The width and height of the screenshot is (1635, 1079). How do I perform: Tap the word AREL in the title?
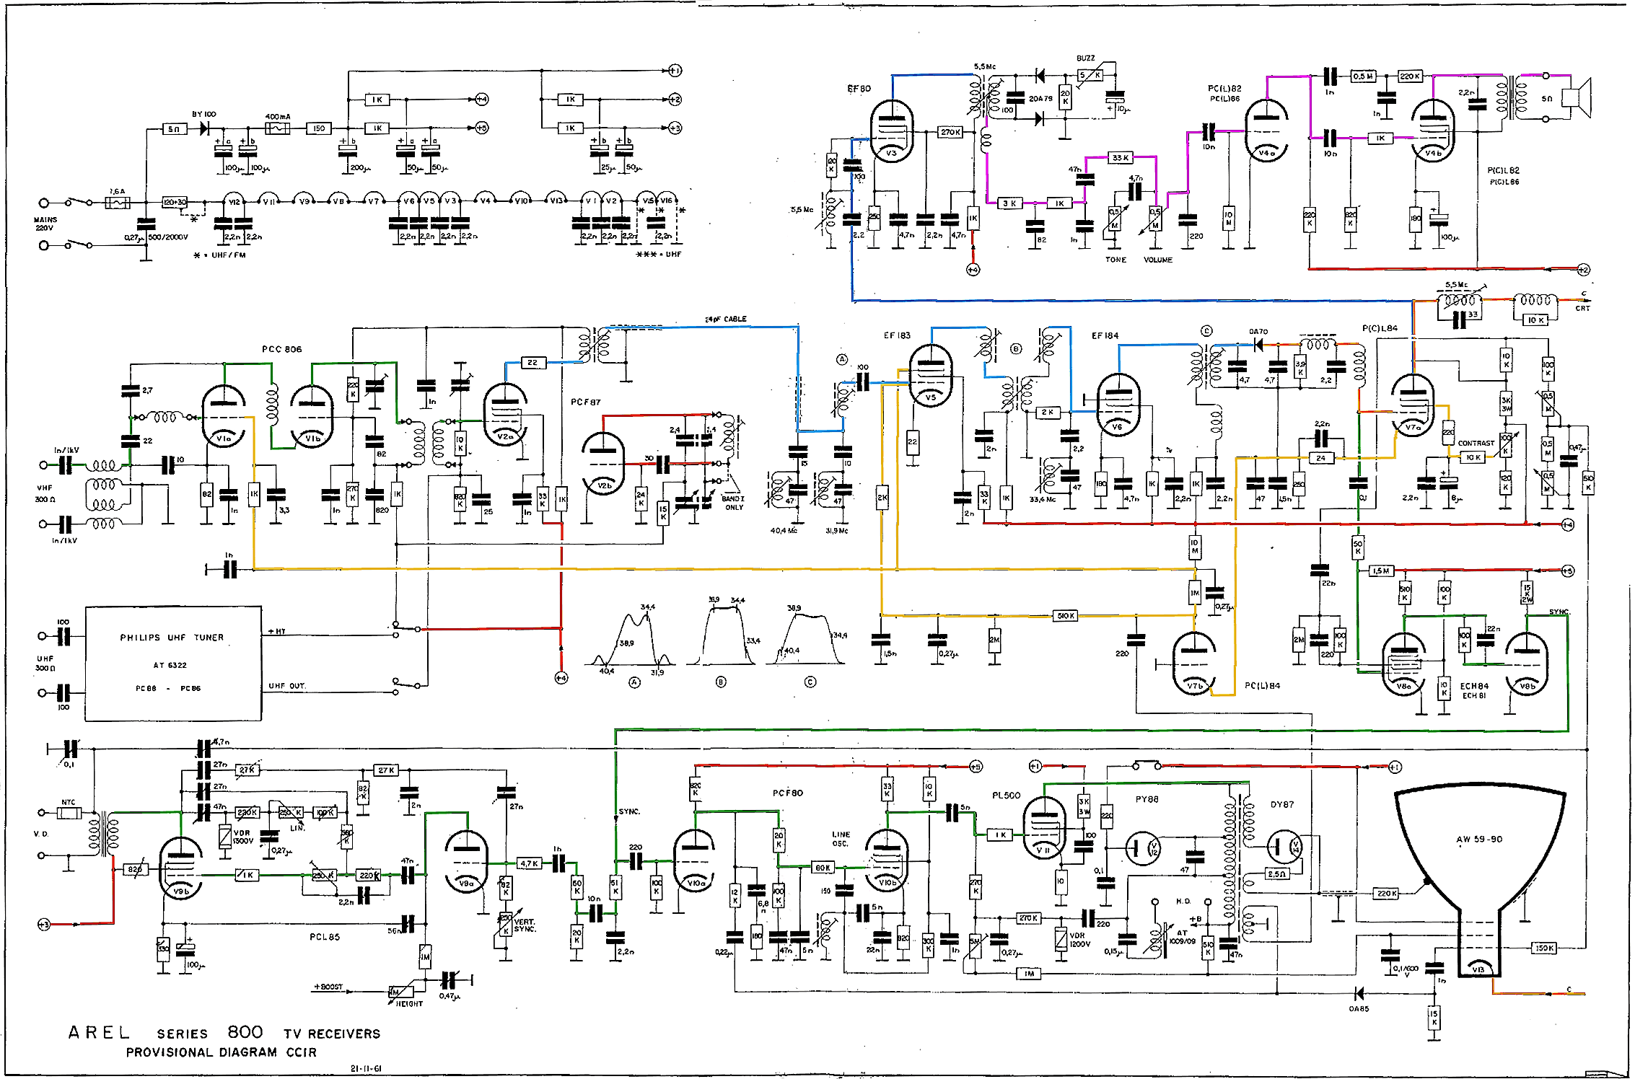click(x=99, y=1032)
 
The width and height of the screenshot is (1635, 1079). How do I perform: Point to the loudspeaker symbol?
click(x=1576, y=97)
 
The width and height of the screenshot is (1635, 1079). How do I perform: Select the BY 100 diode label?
click(x=203, y=114)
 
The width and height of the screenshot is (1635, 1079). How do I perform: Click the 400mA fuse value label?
click(x=278, y=116)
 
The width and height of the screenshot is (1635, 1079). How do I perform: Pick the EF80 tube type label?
click(x=859, y=89)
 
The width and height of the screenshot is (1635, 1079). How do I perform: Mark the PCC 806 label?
click(x=281, y=349)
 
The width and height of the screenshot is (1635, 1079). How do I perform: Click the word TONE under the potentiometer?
click(x=1115, y=260)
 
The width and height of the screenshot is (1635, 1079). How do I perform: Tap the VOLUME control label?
click(x=1158, y=260)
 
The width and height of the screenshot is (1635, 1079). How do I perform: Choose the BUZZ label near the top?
click(x=1085, y=58)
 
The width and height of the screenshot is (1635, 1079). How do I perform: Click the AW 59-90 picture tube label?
click(x=1478, y=839)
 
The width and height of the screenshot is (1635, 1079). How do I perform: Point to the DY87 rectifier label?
click(x=1282, y=804)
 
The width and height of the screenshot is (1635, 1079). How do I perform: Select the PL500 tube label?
click(x=1006, y=795)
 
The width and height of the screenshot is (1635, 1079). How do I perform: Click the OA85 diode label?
click(x=1359, y=1008)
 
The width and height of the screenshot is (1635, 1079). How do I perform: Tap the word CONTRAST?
click(x=1476, y=443)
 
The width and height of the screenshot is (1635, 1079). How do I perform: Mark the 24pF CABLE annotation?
click(x=725, y=319)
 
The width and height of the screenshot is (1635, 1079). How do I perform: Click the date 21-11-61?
click(x=366, y=1068)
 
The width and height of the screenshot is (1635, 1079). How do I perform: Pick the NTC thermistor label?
click(x=68, y=802)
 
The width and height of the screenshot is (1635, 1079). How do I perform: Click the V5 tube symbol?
click(x=931, y=375)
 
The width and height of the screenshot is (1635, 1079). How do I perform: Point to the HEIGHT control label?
click(x=409, y=1003)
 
